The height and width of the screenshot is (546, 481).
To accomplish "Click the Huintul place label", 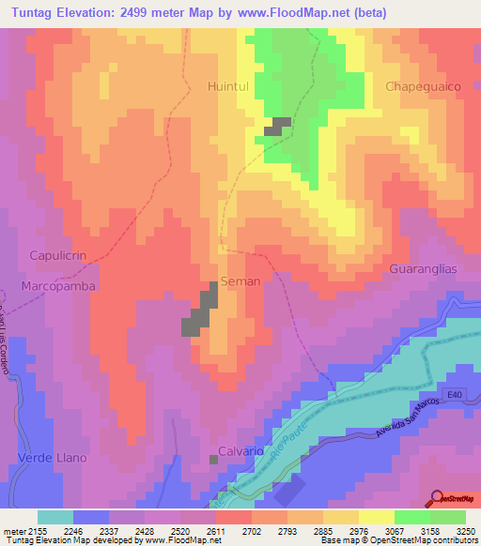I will [227, 86].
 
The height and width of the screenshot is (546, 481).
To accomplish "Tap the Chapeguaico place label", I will [423, 86].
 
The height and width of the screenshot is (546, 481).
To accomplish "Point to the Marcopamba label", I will [59, 285].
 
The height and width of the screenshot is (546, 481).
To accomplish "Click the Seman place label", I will [240, 281].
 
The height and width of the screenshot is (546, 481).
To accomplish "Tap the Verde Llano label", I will [53, 458].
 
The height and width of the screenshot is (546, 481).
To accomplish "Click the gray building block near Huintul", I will [278, 127].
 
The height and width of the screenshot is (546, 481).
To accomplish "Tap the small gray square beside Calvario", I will [214, 459].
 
